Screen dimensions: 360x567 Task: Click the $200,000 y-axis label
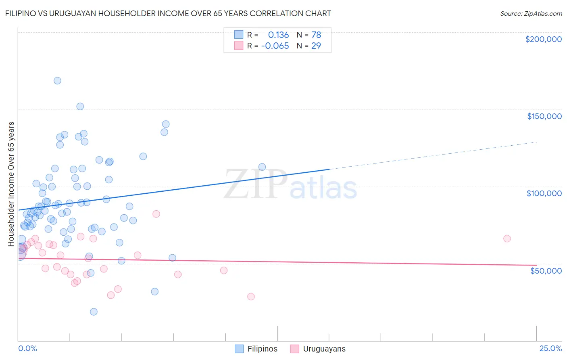coord(543,39)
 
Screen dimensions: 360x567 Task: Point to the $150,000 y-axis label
coord(544,116)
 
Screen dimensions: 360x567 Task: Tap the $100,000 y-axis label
coord(544,193)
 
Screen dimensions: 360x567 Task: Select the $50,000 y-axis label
coord(546,270)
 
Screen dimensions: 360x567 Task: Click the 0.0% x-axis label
coord(27,348)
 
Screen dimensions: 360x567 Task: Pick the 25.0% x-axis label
coord(550,348)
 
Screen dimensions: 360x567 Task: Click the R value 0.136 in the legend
coord(278,35)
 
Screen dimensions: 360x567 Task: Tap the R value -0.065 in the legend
coord(275,46)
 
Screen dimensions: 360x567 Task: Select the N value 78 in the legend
coord(316,35)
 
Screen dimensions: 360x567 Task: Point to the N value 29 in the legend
coord(316,46)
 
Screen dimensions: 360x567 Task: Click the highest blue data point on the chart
coord(57,81)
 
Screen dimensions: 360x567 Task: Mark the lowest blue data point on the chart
coord(94,312)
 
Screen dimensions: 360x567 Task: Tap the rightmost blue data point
coord(262,167)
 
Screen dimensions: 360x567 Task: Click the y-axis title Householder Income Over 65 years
coord(11,184)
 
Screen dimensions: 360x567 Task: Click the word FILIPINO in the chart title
coord(20,14)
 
